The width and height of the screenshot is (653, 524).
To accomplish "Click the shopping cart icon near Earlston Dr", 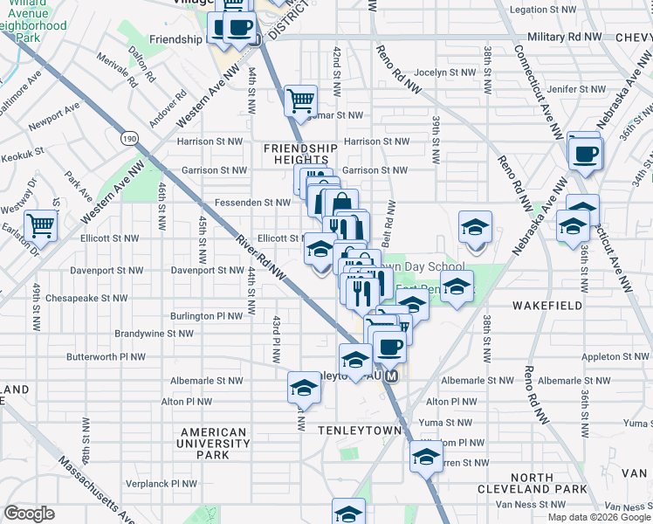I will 42,226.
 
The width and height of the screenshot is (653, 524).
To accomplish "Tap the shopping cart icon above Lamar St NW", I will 300,100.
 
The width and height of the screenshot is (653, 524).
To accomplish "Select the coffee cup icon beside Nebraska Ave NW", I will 584,154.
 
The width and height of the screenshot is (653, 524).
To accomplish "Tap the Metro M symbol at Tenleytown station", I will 392,376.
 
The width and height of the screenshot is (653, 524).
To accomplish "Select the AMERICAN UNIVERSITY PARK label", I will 213,443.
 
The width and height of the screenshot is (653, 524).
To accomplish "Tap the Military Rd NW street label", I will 566,38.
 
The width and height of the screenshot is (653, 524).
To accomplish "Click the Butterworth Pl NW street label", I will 106,358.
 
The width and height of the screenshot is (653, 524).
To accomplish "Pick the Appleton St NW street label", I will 615,357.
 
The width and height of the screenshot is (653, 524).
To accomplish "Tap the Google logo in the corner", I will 29,514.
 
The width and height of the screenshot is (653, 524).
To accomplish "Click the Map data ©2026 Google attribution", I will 599,517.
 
